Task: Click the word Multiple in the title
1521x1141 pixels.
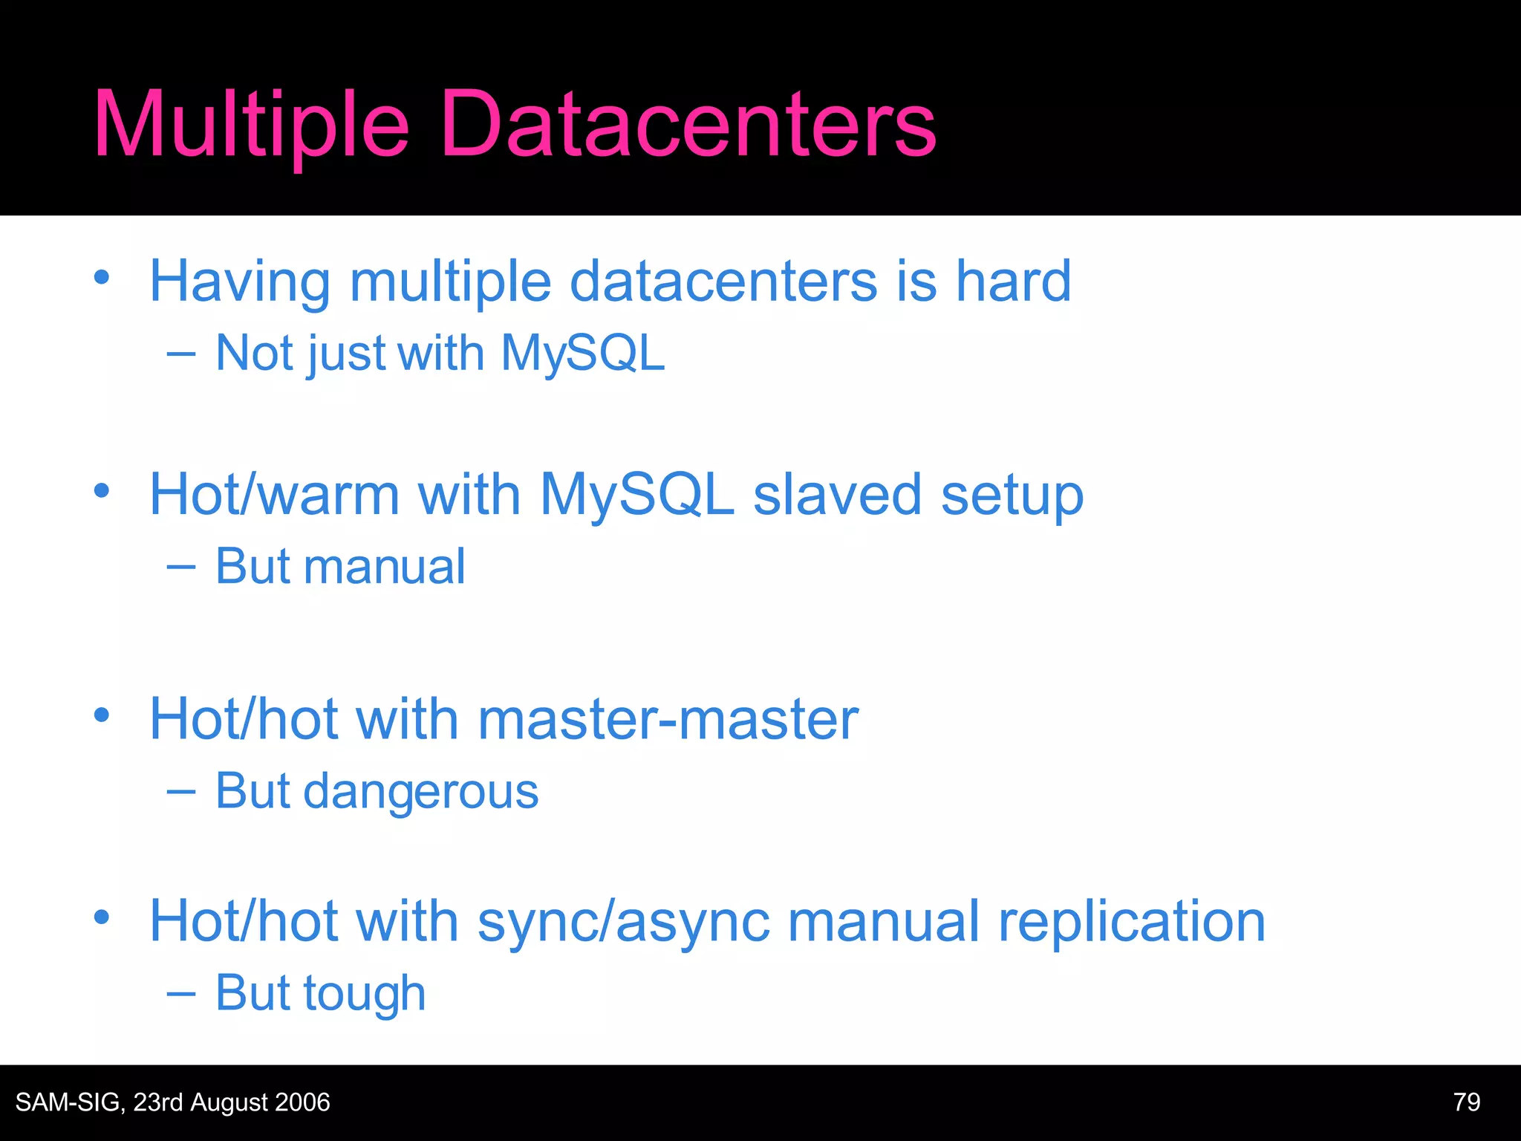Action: click(x=251, y=125)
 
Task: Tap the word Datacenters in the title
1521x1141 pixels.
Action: click(x=688, y=125)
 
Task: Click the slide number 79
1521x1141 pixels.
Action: click(x=1466, y=1102)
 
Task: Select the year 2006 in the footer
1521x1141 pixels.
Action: click(x=302, y=1102)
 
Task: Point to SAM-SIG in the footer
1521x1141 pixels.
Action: click(x=69, y=1102)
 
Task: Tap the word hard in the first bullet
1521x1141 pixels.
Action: click(x=1013, y=281)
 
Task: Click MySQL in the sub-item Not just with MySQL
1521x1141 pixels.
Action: click(x=582, y=354)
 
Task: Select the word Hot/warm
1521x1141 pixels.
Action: click(x=274, y=495)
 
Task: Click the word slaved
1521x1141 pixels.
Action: click(x=837, y=495)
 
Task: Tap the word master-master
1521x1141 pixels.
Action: click(x=668, y=719)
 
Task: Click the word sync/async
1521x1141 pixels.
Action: click(x=623, y=922)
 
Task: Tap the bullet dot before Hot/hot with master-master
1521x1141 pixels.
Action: click(x=102, y=715)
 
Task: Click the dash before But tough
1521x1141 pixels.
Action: click(x=181, y=994)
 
